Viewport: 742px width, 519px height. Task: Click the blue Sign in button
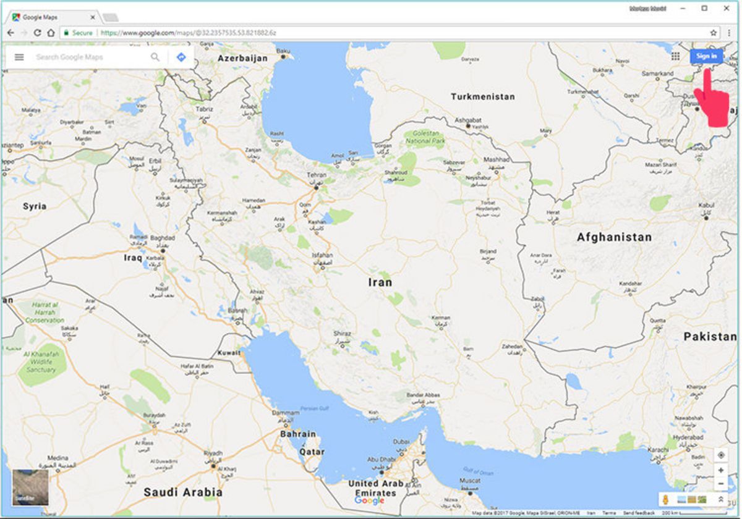706,56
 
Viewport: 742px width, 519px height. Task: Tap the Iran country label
380,282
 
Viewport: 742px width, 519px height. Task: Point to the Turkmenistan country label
482,97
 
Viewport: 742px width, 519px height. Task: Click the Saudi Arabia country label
182,492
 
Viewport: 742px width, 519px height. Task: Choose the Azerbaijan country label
242,58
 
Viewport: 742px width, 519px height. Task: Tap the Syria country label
35,206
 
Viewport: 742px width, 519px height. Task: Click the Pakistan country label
710,337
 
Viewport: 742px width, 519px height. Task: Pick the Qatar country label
312,452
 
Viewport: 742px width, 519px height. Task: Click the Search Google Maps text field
90,57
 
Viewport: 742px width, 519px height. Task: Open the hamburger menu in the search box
19,57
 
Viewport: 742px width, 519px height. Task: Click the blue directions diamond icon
181,57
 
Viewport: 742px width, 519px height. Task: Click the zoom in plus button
721,471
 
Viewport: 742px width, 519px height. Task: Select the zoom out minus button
721,484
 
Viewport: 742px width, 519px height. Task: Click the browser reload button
37,33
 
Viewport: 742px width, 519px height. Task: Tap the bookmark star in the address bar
714,33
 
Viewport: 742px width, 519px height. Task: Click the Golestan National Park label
425,137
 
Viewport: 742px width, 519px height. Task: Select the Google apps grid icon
675,56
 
